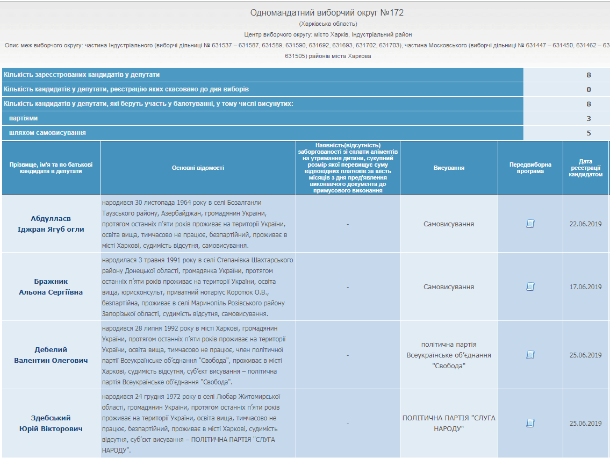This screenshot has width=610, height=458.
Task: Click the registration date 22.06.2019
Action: click(585, 224)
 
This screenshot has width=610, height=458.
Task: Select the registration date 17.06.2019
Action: click(585, 287)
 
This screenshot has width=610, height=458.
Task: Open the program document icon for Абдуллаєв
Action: click(530, 224)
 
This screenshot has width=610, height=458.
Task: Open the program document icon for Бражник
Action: click(530, 287)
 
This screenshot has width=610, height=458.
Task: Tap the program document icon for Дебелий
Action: click(530, 355)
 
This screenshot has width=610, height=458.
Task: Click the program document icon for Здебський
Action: click(530, 423)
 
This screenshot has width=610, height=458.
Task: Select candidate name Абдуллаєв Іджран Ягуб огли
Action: click(51, 224)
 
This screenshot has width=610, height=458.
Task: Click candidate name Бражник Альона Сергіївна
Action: click(51, 287)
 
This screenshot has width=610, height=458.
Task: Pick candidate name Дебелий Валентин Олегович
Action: click(51, 355)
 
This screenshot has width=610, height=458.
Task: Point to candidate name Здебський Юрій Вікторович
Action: click(51, 423)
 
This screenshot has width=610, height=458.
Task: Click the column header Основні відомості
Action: click(198, 168)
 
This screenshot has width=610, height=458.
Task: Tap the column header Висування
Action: click(449, 168)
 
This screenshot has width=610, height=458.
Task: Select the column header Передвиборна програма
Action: click(530, 168)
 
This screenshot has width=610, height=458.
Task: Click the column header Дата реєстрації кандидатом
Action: click(585, 168)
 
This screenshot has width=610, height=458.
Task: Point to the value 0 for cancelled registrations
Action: click(589, 89)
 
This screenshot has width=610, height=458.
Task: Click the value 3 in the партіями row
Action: click(589, 118)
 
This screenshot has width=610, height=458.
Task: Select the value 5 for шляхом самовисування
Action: click(589, 133)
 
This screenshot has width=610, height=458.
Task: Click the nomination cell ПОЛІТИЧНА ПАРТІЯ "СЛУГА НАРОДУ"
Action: click(449, 423)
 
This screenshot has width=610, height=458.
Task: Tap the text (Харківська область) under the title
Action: click(328, 24)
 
